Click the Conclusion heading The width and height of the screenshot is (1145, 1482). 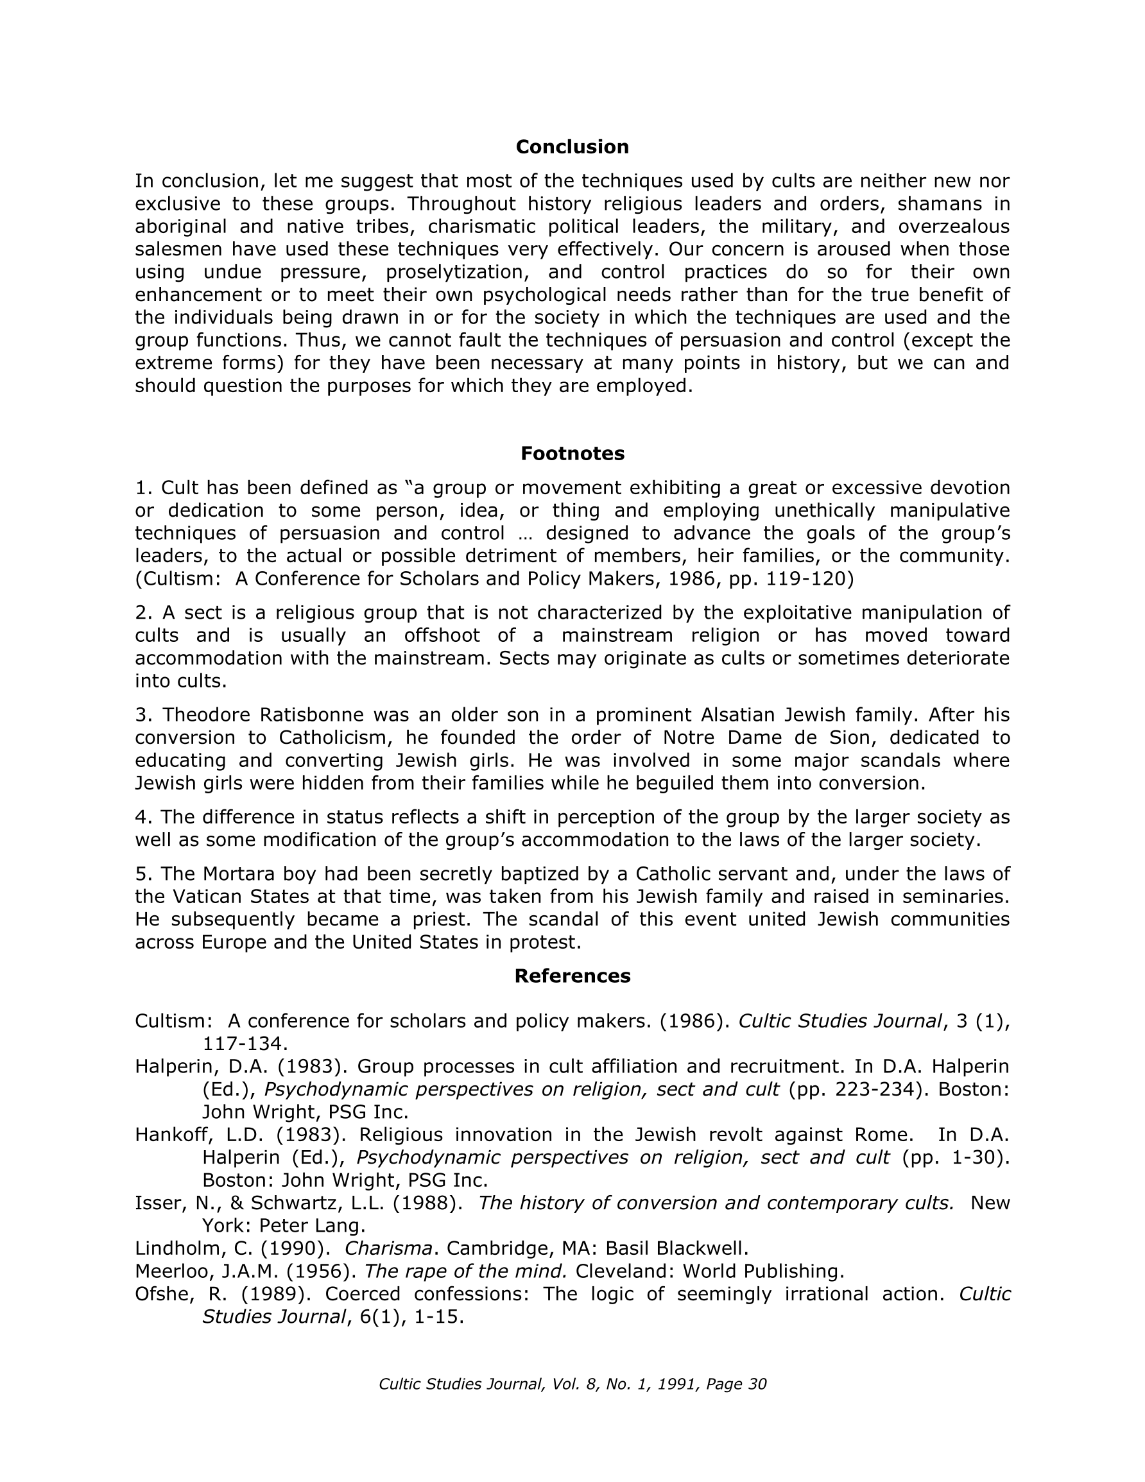(571, 147)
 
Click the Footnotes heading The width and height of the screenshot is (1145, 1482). (571, 453)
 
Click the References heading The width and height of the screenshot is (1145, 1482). (571, 976)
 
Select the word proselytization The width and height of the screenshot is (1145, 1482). (475, 272)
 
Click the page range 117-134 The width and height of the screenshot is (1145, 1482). (241, 1044)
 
